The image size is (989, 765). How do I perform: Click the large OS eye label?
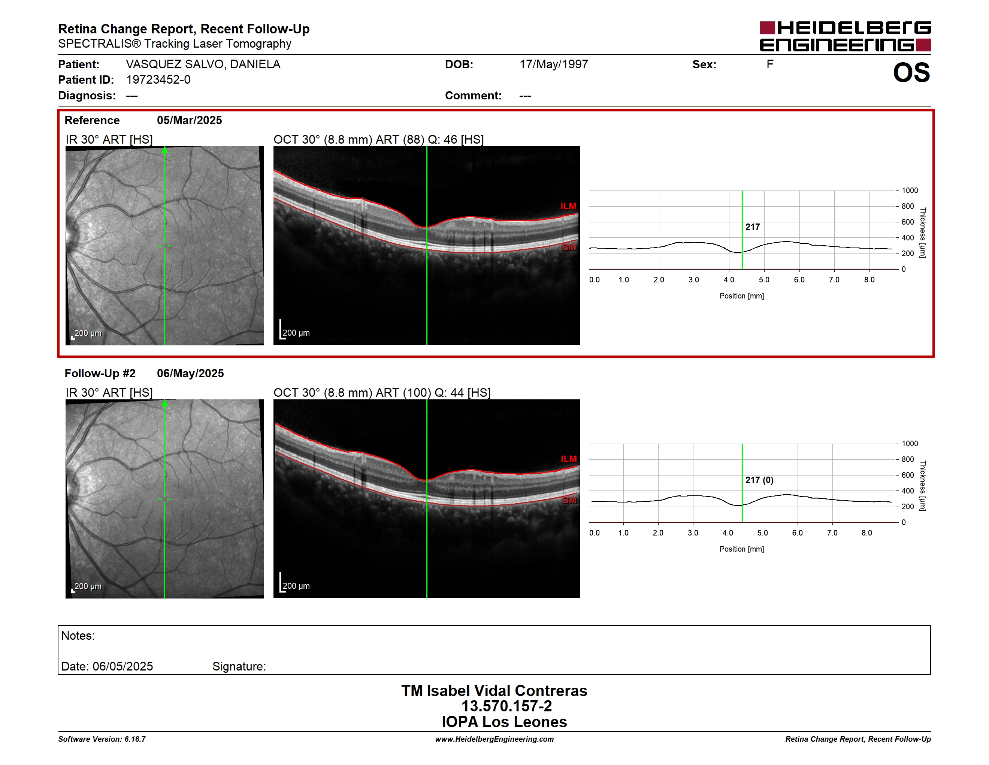[x=911, y=72]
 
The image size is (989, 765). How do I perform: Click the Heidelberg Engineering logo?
[x=845, y=36]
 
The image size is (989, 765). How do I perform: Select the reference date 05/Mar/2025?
[x=189, y=120]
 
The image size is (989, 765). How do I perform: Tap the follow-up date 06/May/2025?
[x=190, y=373]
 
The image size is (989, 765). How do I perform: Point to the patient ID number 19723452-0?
[x=158, y=80]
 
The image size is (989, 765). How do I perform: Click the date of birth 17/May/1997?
[x=553, y=64]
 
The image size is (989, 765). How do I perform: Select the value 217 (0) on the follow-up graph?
[x=759, y=480]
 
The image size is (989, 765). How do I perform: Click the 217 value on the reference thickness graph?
[x=753, y=226]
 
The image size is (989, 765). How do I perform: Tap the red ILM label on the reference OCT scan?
[x=568, y=206]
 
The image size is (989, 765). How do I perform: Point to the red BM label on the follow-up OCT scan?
[x=569, y=500]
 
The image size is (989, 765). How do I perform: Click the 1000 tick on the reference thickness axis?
[x=909, y=190]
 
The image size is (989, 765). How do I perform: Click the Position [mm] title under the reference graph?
[x=742, y=296]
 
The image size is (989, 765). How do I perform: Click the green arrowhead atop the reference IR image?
[x=165, y=150]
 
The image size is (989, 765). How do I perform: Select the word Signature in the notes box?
[x=239, y=666]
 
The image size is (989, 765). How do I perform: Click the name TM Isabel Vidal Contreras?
[x=494, y=690]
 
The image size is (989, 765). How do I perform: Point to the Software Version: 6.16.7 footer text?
[x=102, y=739]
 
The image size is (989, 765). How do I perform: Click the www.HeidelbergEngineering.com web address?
[x=494, y=739]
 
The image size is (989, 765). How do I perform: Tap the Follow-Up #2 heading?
[x=100, y=373]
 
